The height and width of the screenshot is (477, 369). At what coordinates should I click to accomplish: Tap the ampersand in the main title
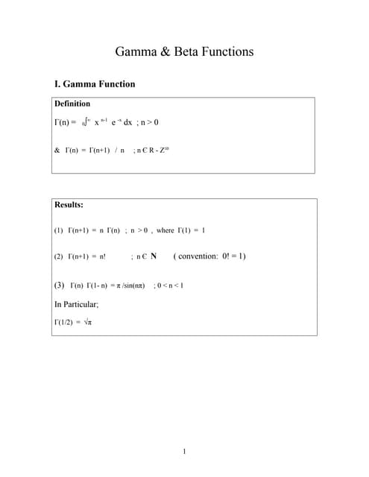(165, 52)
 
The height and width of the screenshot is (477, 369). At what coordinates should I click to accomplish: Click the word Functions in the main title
(227, 51)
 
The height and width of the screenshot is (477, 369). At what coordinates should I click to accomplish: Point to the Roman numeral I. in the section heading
(59, 84)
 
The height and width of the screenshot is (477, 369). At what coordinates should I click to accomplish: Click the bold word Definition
(72, 104)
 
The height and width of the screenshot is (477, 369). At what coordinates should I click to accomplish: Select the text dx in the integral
(127, 122)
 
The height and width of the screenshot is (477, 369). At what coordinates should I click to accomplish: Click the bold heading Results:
(69, 204)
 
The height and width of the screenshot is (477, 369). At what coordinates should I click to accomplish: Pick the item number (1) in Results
(59, 230)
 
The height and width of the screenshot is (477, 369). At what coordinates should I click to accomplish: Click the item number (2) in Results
(59, 256)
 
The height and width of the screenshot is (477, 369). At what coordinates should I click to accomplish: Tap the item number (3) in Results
(60, 285)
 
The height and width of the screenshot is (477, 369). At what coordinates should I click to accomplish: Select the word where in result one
(165, 230)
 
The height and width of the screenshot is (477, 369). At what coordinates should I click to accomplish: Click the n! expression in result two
(99, 256)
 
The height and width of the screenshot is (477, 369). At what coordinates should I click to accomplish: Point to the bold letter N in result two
(153, 256)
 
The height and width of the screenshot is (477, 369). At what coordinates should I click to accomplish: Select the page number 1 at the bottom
(184, 451)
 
